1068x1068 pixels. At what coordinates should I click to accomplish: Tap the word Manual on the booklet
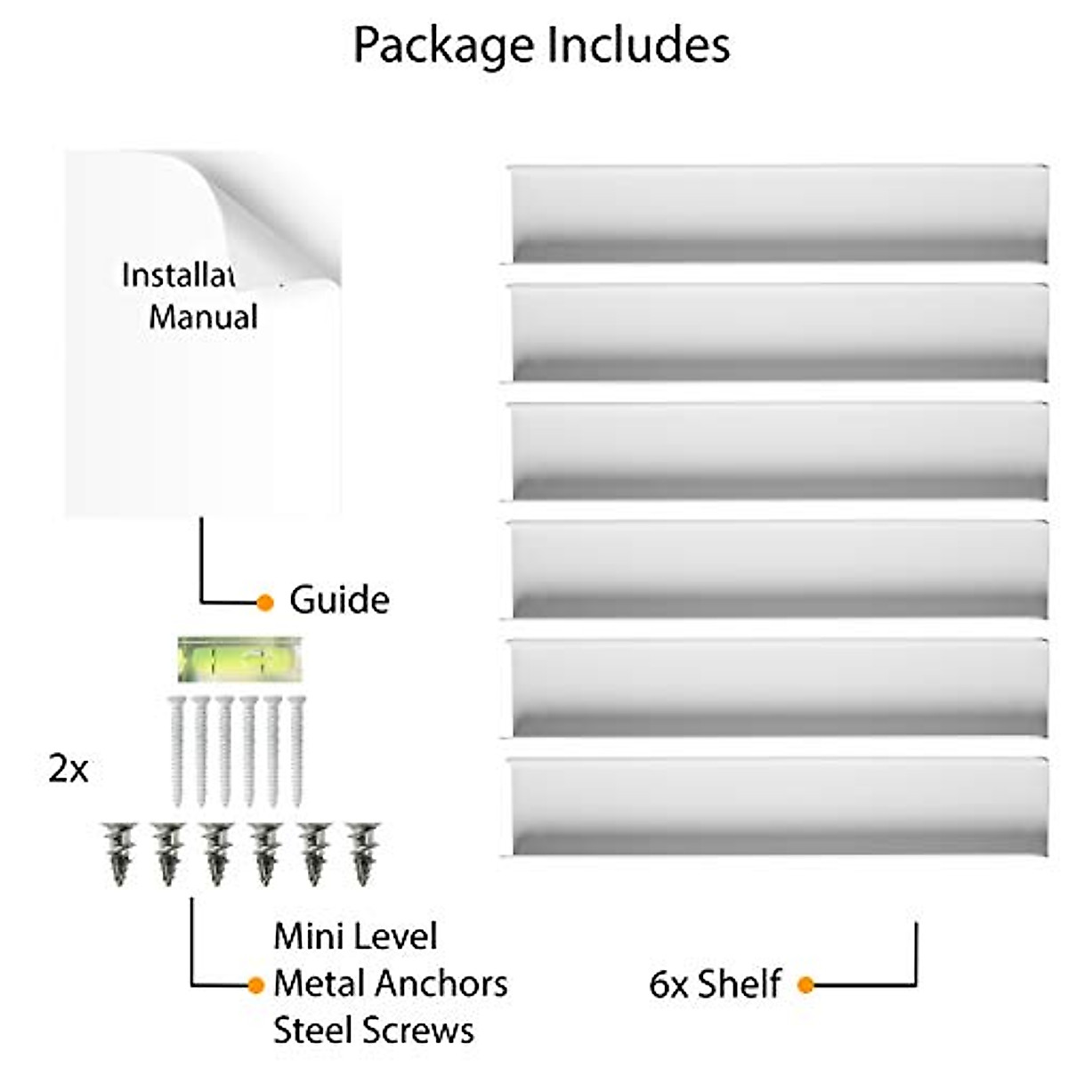[x=203, y=317]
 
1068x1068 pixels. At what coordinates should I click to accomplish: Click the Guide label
[x=339, y=599]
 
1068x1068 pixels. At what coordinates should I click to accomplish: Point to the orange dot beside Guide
[x=265, y=603]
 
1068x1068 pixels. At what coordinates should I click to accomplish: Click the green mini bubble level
[x=239, y=659]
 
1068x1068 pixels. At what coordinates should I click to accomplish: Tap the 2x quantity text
[x=69, y=770]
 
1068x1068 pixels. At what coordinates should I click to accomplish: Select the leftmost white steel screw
[x=177, y=752]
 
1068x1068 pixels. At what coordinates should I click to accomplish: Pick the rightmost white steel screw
[x=296, y=752]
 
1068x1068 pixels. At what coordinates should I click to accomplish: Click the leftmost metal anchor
[x=120, y=854]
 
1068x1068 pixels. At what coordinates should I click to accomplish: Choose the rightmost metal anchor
[x=362, y=854]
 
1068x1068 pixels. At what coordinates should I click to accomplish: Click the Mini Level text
[x=356, y=936]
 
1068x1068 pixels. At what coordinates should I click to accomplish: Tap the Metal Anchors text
[x=391, y=983]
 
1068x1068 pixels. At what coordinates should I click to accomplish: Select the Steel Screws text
[x=374, y=1031]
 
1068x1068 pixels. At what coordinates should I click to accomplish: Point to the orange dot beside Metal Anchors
[x=255, y=985]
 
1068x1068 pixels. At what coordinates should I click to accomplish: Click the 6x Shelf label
[x=715, y=983]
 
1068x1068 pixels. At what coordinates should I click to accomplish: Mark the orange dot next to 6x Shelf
[x=805, y=985]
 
